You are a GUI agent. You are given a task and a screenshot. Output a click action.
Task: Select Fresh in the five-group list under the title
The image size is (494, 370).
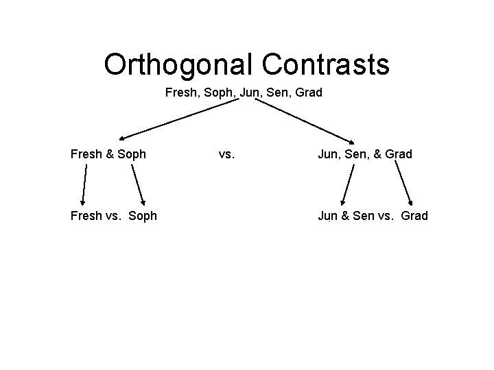pyautogui.click(x=180, y=92)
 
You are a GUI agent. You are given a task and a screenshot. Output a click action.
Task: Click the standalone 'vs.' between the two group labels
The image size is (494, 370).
pyautogui.click(x=227, y=154)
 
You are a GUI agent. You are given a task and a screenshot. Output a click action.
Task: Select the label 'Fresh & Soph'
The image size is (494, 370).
pyautogui.click(x=108, y=154)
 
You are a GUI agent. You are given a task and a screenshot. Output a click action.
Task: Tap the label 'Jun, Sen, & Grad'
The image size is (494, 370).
pyautogui.click(x=364, y=154)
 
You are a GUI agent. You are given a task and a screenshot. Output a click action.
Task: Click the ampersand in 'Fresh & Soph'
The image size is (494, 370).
pyautogui.click(x=110, y=154)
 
